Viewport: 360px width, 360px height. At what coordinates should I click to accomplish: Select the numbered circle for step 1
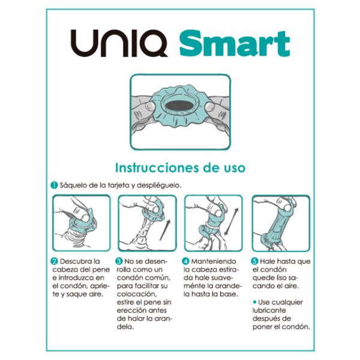click(x=53, y=185)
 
